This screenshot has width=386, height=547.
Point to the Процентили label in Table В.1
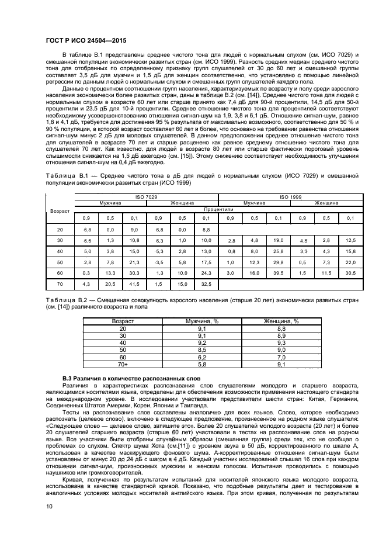[218, 208]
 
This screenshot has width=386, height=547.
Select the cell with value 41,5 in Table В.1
[134, 283]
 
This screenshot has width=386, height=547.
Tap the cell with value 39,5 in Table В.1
[278, 272]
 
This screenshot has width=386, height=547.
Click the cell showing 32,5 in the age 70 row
[206, 283]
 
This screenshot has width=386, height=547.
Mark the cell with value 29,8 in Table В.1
[278, 262]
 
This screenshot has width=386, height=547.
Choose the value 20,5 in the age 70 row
[110, 283]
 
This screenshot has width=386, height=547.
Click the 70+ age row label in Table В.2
[123, 364]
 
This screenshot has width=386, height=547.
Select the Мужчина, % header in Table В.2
[201, 321]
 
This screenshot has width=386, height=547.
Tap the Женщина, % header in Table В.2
[281, 321]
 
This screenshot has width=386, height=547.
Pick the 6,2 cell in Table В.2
[201, 357]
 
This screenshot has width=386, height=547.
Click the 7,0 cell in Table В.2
[281, 357]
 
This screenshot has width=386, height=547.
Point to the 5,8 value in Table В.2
[201, 364]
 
